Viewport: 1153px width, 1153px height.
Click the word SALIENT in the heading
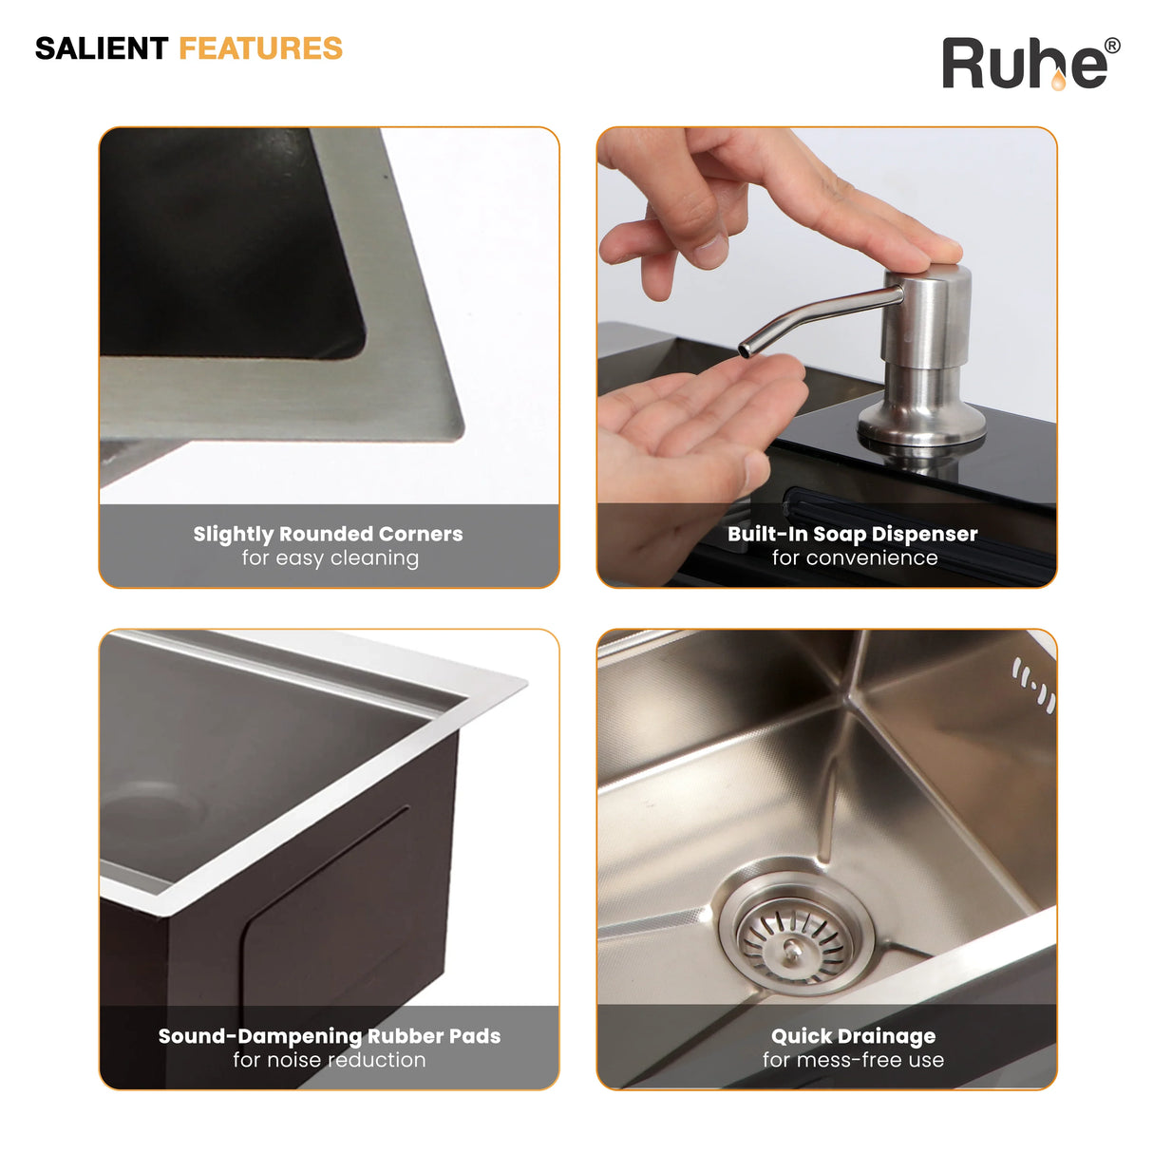click(x=101, y=48)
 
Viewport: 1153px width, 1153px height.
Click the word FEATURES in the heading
click(x=261, y=48)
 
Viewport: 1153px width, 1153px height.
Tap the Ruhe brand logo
click(x=1030, y=64)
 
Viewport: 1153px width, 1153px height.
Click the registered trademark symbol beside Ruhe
click(x=1112, y=46)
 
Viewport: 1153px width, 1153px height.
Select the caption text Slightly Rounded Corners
click(x=328, y=534)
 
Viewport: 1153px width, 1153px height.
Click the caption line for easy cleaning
click(x=331, y=558)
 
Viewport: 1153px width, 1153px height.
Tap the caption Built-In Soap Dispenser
click(x=853, y=534)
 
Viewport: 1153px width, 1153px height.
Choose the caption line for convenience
click(x=855, y=558)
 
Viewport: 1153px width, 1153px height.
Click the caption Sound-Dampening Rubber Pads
click(x=329, y=1036)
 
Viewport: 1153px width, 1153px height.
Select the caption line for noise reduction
click(x=330, y=1060)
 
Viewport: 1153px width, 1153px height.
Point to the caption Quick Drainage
click(x=853, y=1036)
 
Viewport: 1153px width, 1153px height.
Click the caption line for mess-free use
click(x=853, y=1060)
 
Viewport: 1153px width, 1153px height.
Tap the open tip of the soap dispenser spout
click(x=745, y=350)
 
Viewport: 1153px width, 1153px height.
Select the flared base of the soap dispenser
click(x=921, y=423)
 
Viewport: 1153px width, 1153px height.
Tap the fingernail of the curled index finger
click(x=710, y=252)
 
